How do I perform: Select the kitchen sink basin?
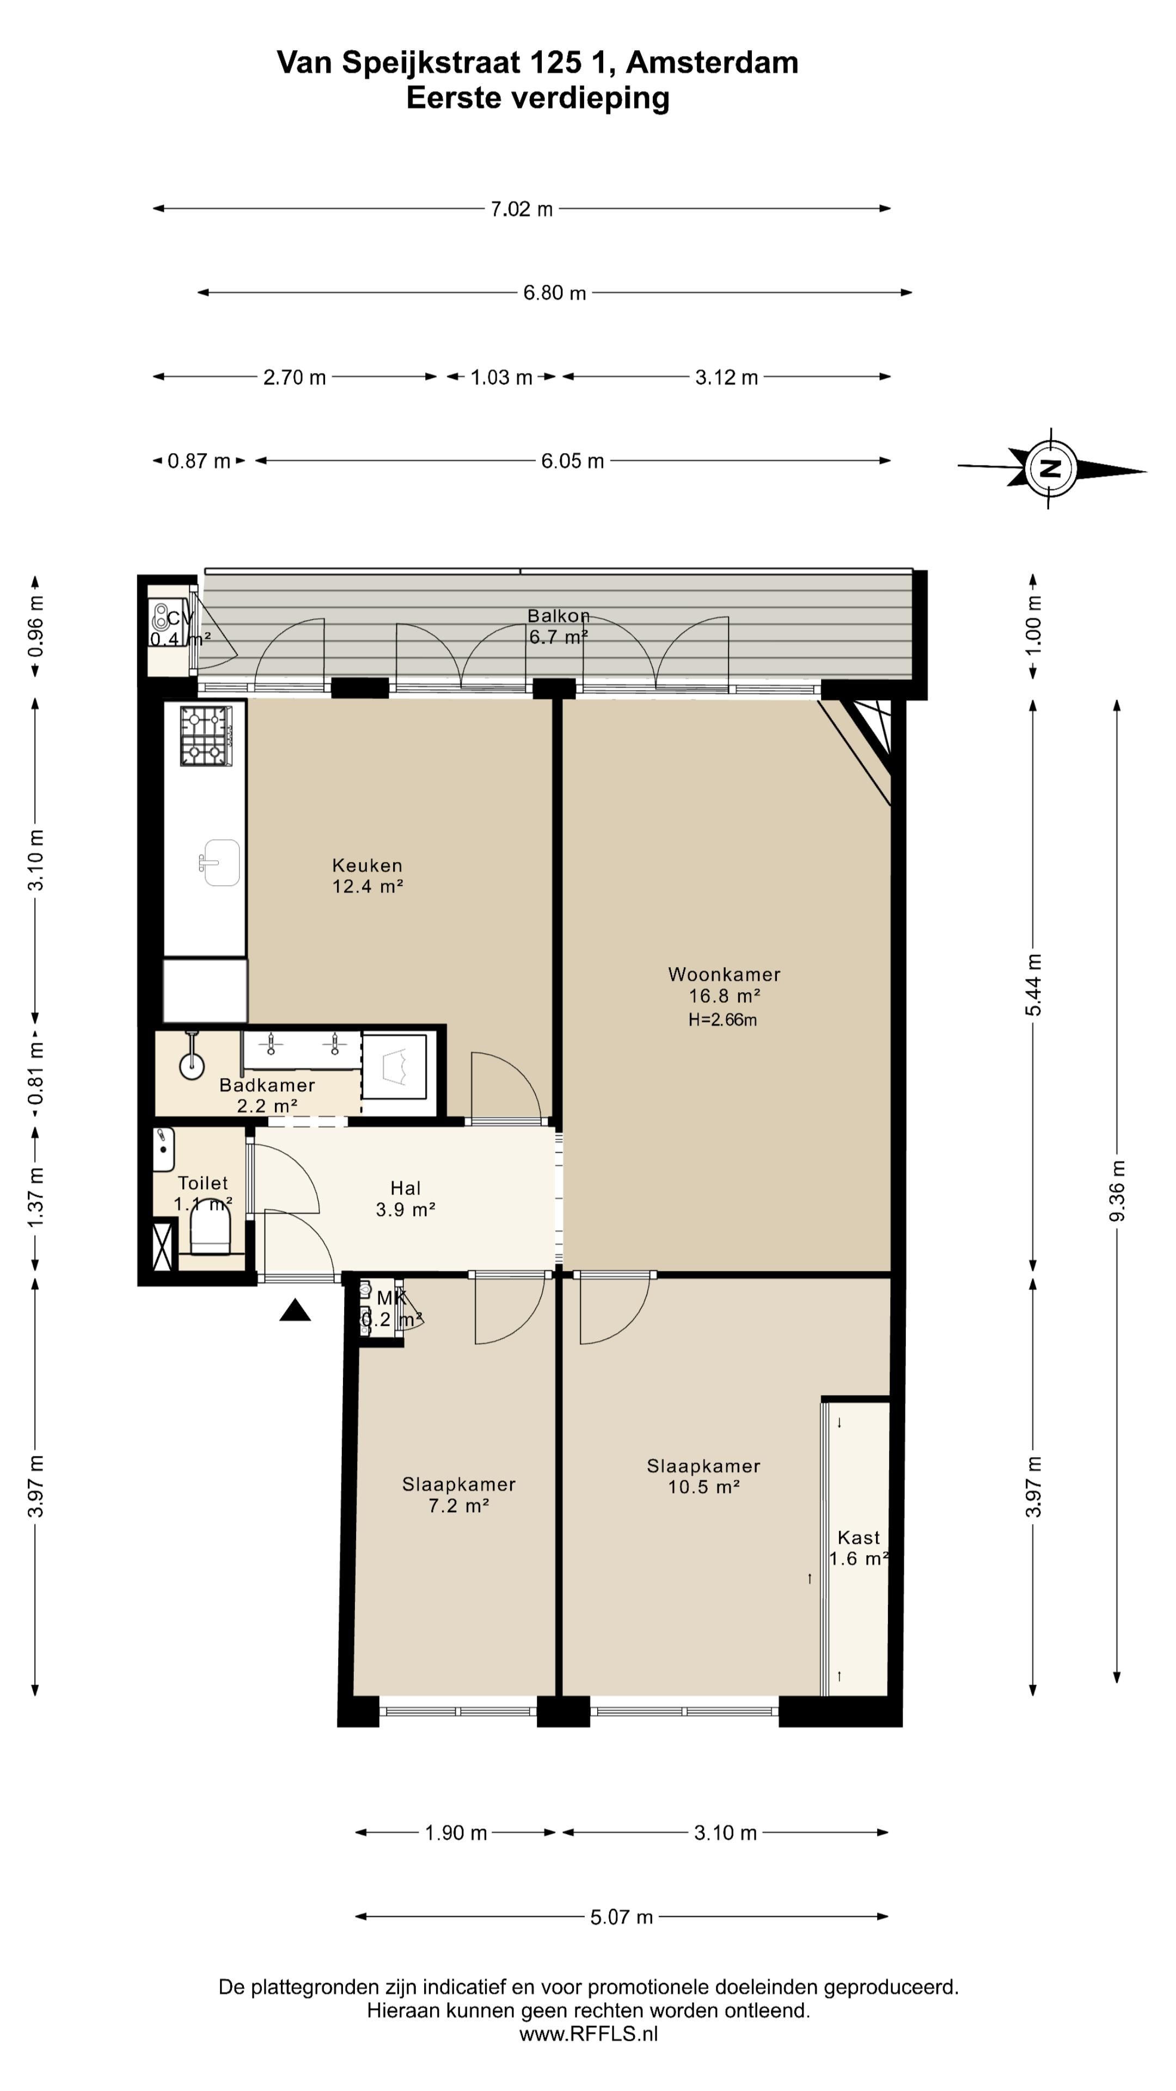pos(220,862)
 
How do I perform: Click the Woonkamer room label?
pos(724,974)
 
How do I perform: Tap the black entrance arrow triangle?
pos(296,1310)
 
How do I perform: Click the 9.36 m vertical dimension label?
pos(1118,1191)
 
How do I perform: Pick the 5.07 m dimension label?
pos(622,1917)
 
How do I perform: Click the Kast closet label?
pos(859,1537)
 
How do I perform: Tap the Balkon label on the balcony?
pos(559,616)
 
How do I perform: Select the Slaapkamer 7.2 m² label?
pos(458,1494)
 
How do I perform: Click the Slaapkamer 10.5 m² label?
pos(703,1476)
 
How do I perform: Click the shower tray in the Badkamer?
pos(394,1067)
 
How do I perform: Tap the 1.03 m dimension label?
pos(501,377)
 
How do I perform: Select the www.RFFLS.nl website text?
pos(589,2033)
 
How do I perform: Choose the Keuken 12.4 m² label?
pos(367,876)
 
